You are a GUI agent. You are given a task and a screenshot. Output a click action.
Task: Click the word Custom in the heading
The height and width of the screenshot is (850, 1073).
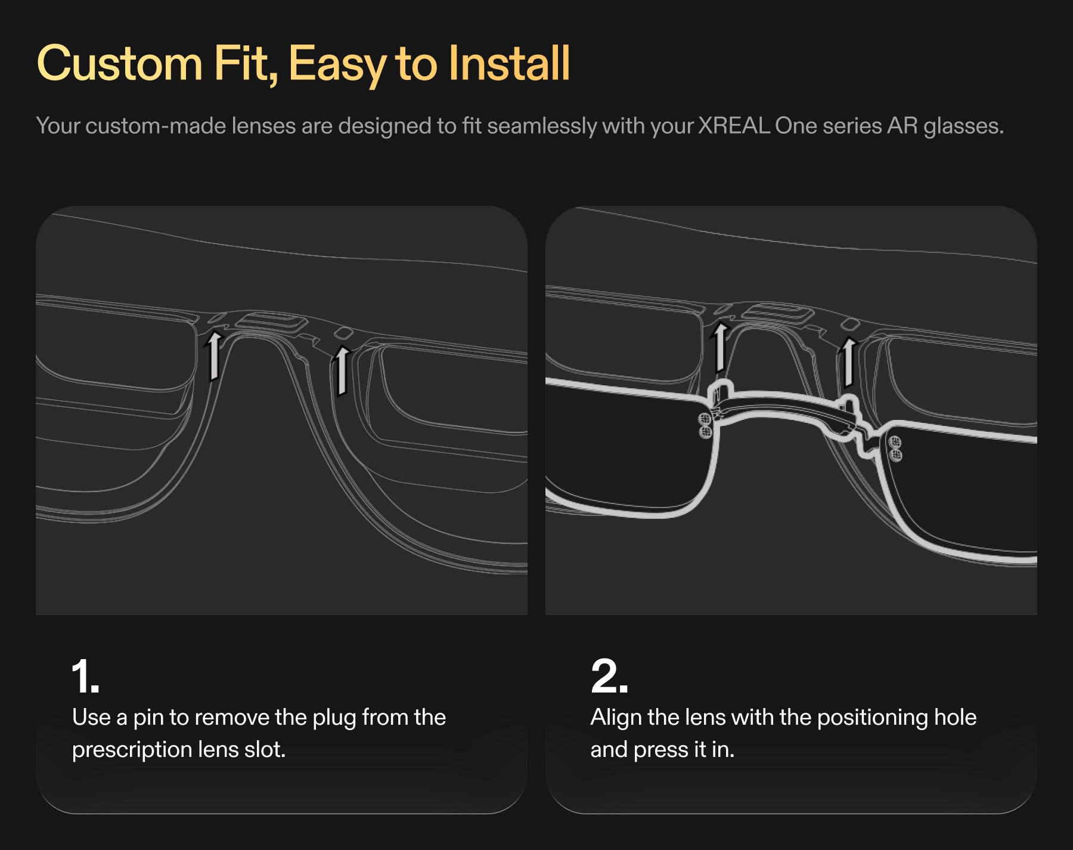pyautogui.click(x=120, y=63)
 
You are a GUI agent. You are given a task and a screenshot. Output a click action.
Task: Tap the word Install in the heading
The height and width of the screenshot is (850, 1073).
pyautogui.click(x=510, y=63)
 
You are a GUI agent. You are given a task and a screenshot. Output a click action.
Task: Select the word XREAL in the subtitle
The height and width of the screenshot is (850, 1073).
pyautogui.click(x=734, y=126)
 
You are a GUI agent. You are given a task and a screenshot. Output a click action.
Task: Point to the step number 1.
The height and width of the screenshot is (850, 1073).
pyautogui.click(x=85, y=676)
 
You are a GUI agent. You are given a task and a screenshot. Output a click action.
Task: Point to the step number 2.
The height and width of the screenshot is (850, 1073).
pyautogui.click(x=609, y=676)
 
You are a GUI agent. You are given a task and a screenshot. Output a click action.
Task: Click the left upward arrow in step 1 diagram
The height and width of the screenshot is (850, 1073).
pyautogui.click(x=213, y=356)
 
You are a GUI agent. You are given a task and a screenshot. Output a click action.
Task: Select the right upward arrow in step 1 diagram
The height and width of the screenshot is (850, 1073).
pyautogui.click(x=341, y=370)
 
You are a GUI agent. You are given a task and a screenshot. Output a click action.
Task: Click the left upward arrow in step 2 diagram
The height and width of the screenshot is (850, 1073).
pyautogui.click(x=720, y=347)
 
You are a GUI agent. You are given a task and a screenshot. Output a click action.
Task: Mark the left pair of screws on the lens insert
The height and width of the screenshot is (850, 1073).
pyautogui.click(x=705, y=425)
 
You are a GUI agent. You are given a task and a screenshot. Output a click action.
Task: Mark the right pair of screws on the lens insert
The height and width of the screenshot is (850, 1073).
pyautogui.click(x=895, y=449)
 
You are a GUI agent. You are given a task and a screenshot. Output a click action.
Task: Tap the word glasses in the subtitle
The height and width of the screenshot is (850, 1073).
pyautogui.click(x=963, y=126)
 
